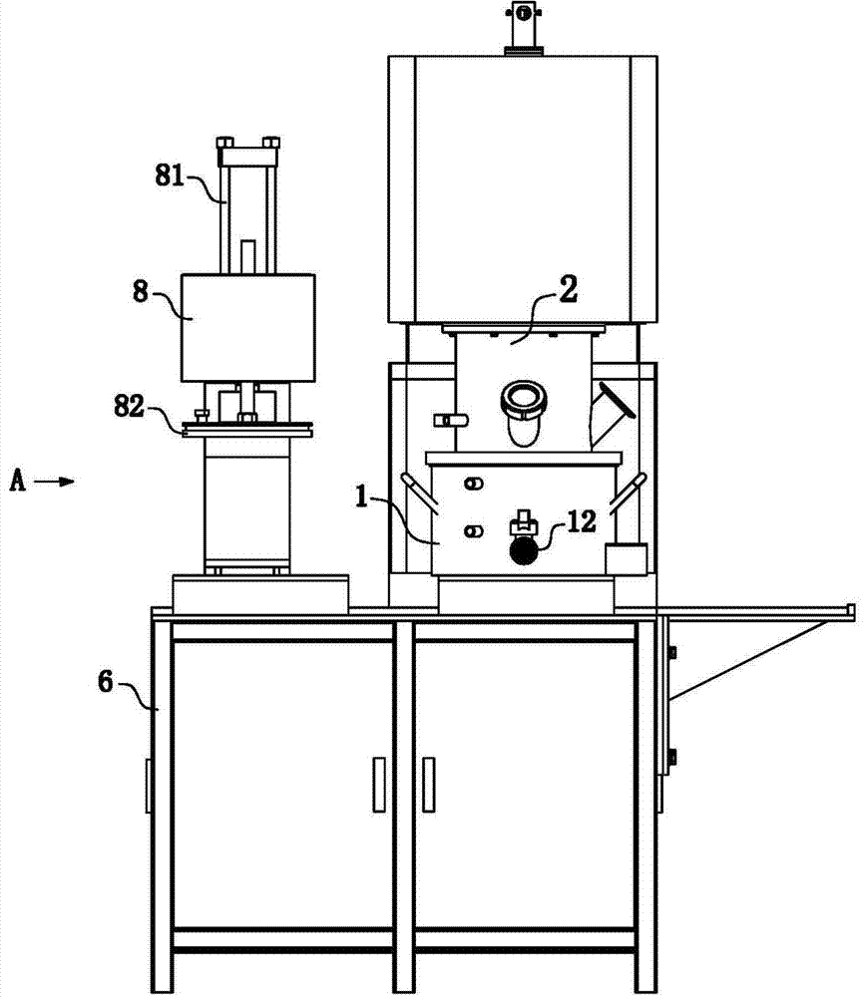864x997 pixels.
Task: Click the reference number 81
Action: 170,174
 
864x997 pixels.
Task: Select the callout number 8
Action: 140,291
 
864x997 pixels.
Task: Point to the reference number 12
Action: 582,521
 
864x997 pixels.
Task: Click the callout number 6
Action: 106,682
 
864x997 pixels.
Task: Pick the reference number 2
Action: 568,289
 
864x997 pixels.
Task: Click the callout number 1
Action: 362,496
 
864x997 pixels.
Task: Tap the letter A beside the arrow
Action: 18,481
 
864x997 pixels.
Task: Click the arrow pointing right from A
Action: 54,482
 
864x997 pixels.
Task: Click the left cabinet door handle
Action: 379,785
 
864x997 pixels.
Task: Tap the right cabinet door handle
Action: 429,785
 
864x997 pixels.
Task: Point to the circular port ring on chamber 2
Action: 524,400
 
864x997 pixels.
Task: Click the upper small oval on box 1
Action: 473,484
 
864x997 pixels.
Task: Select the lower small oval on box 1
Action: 473,531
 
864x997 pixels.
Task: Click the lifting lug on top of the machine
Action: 523,27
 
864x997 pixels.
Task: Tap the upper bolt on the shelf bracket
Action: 671,652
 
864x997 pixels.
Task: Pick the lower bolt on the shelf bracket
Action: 671,757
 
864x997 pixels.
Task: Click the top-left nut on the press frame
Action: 225,142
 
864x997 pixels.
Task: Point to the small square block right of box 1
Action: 626,559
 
